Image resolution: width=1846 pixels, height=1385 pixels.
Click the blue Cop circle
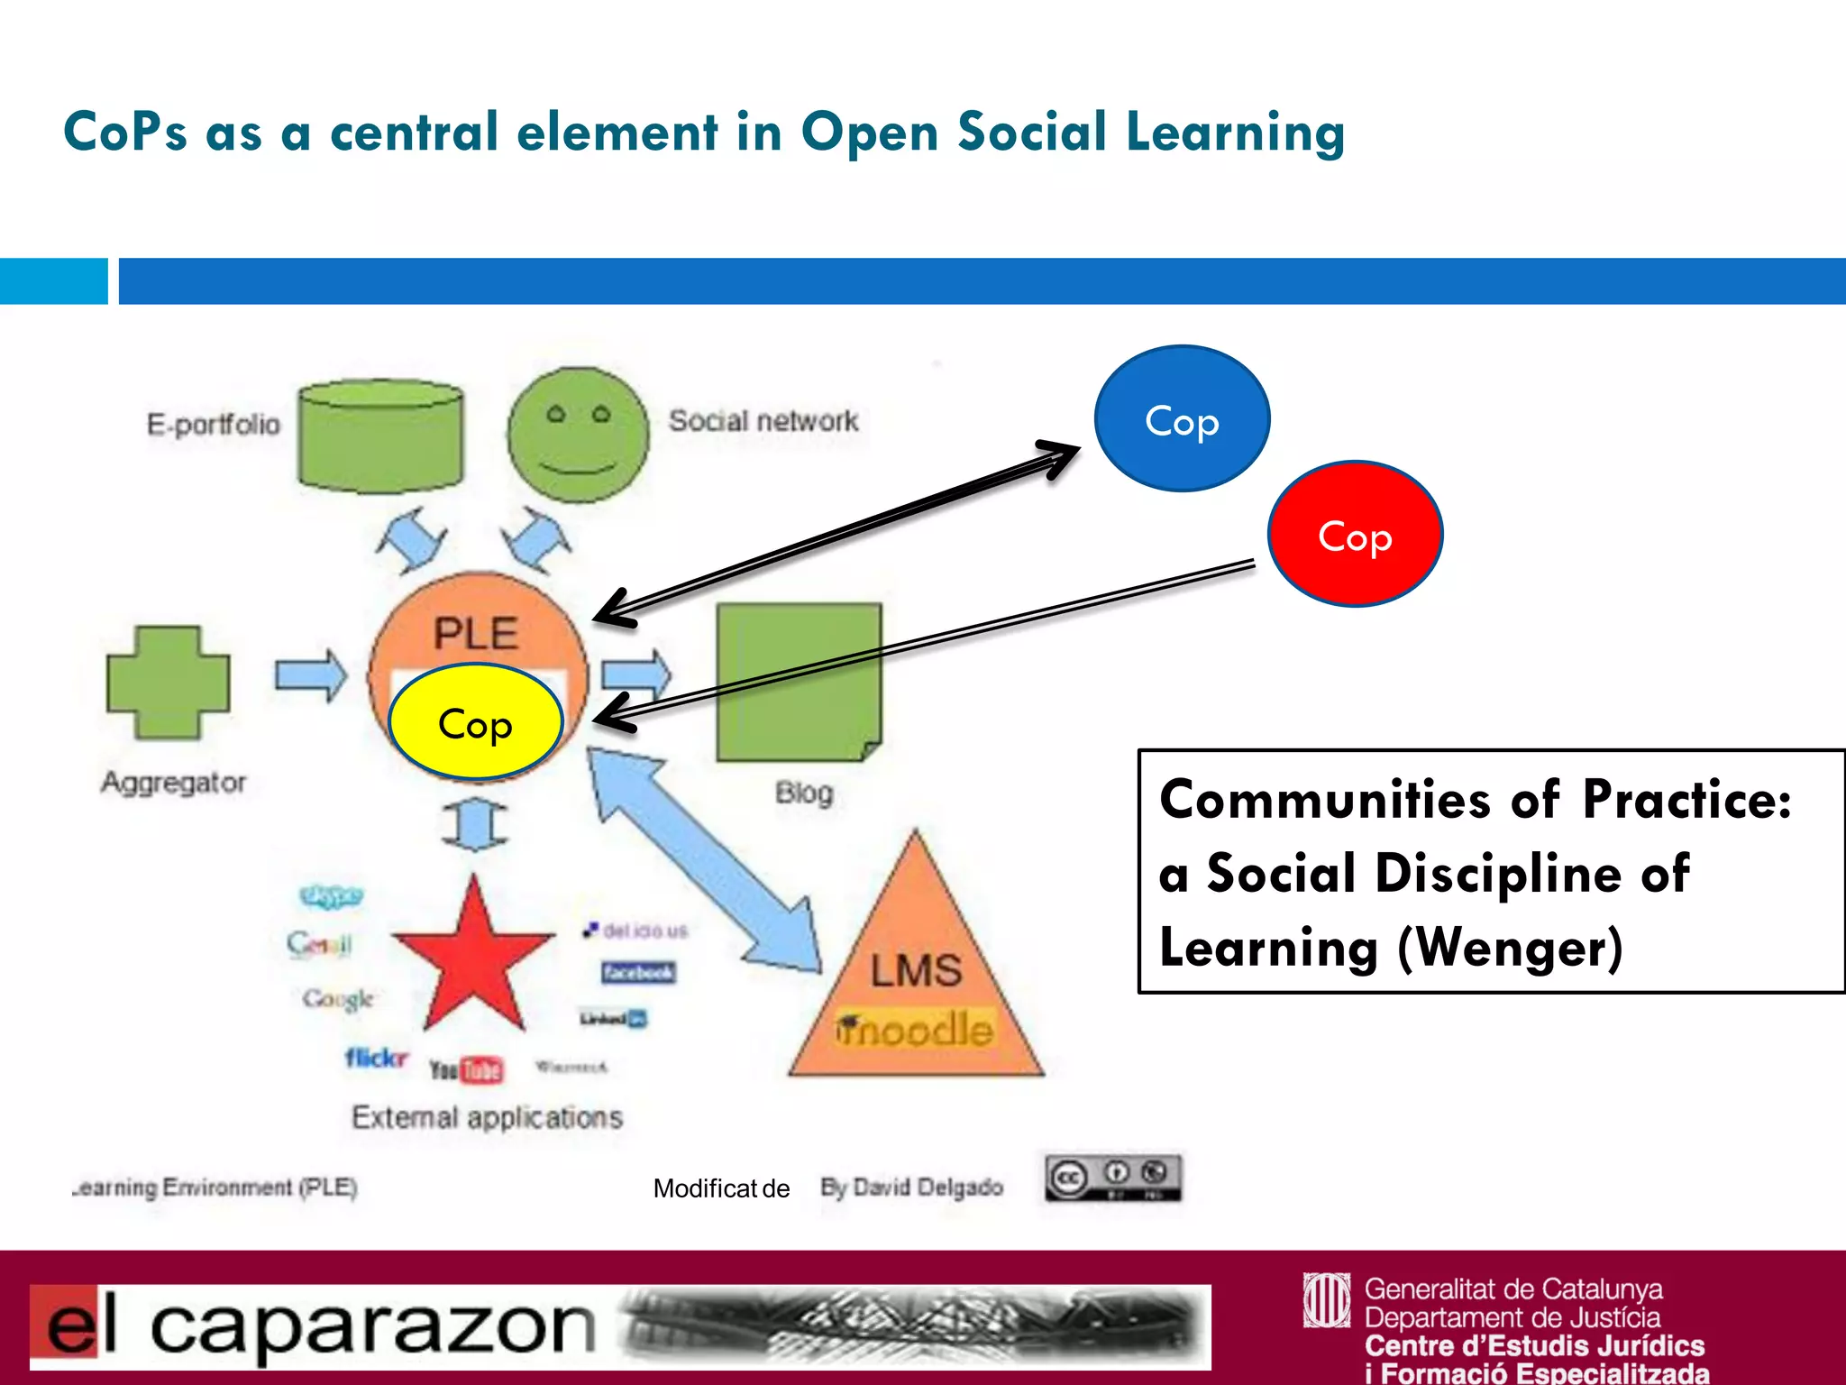point(1182,419)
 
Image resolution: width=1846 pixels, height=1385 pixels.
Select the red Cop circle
point(1355,535)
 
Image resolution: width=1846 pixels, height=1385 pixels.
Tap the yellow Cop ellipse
point(476,722)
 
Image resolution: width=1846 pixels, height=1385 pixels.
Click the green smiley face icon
point(578,435)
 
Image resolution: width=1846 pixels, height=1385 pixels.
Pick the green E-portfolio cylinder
point(380,435)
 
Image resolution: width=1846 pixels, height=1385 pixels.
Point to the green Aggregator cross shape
point(169,683)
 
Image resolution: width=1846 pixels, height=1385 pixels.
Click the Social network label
point(763,421)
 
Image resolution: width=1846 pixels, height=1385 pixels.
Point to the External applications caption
point(487,1117)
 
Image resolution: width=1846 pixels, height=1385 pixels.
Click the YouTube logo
point(466,1069)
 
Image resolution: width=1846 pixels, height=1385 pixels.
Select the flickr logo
point(377,1057)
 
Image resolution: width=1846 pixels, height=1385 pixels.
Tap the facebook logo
point(638,972)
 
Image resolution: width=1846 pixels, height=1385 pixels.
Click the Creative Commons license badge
point(1113,1178)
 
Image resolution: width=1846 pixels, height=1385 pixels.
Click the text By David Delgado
point(911,1188)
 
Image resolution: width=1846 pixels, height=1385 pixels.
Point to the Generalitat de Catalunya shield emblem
point(1326,1300)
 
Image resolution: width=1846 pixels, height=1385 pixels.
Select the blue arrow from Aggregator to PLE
point(311,674)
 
